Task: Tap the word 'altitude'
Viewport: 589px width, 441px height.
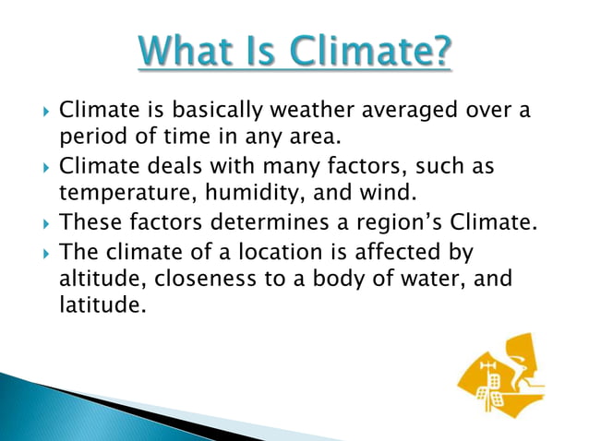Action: [96, 278]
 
